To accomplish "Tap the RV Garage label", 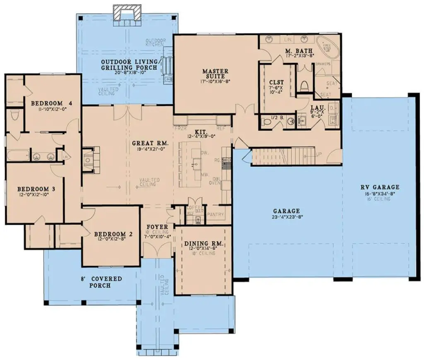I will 379,187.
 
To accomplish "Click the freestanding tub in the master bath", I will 327,45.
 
